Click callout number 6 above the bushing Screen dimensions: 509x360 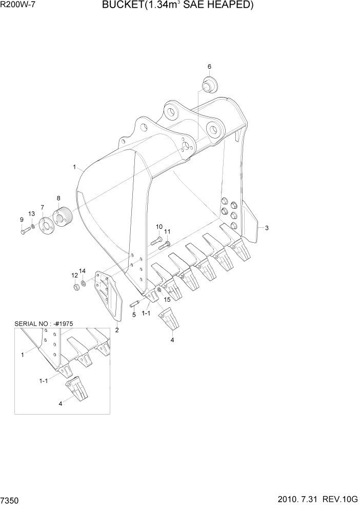209,67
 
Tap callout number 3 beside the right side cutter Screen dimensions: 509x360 267,228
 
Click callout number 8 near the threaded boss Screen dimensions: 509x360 58,198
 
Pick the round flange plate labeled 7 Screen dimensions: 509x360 46,225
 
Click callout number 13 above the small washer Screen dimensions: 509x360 32,213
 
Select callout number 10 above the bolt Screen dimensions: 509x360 159,227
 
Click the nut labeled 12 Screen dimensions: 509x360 75,286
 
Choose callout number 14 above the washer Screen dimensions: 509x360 82,270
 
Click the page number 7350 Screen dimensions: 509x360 12,500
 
